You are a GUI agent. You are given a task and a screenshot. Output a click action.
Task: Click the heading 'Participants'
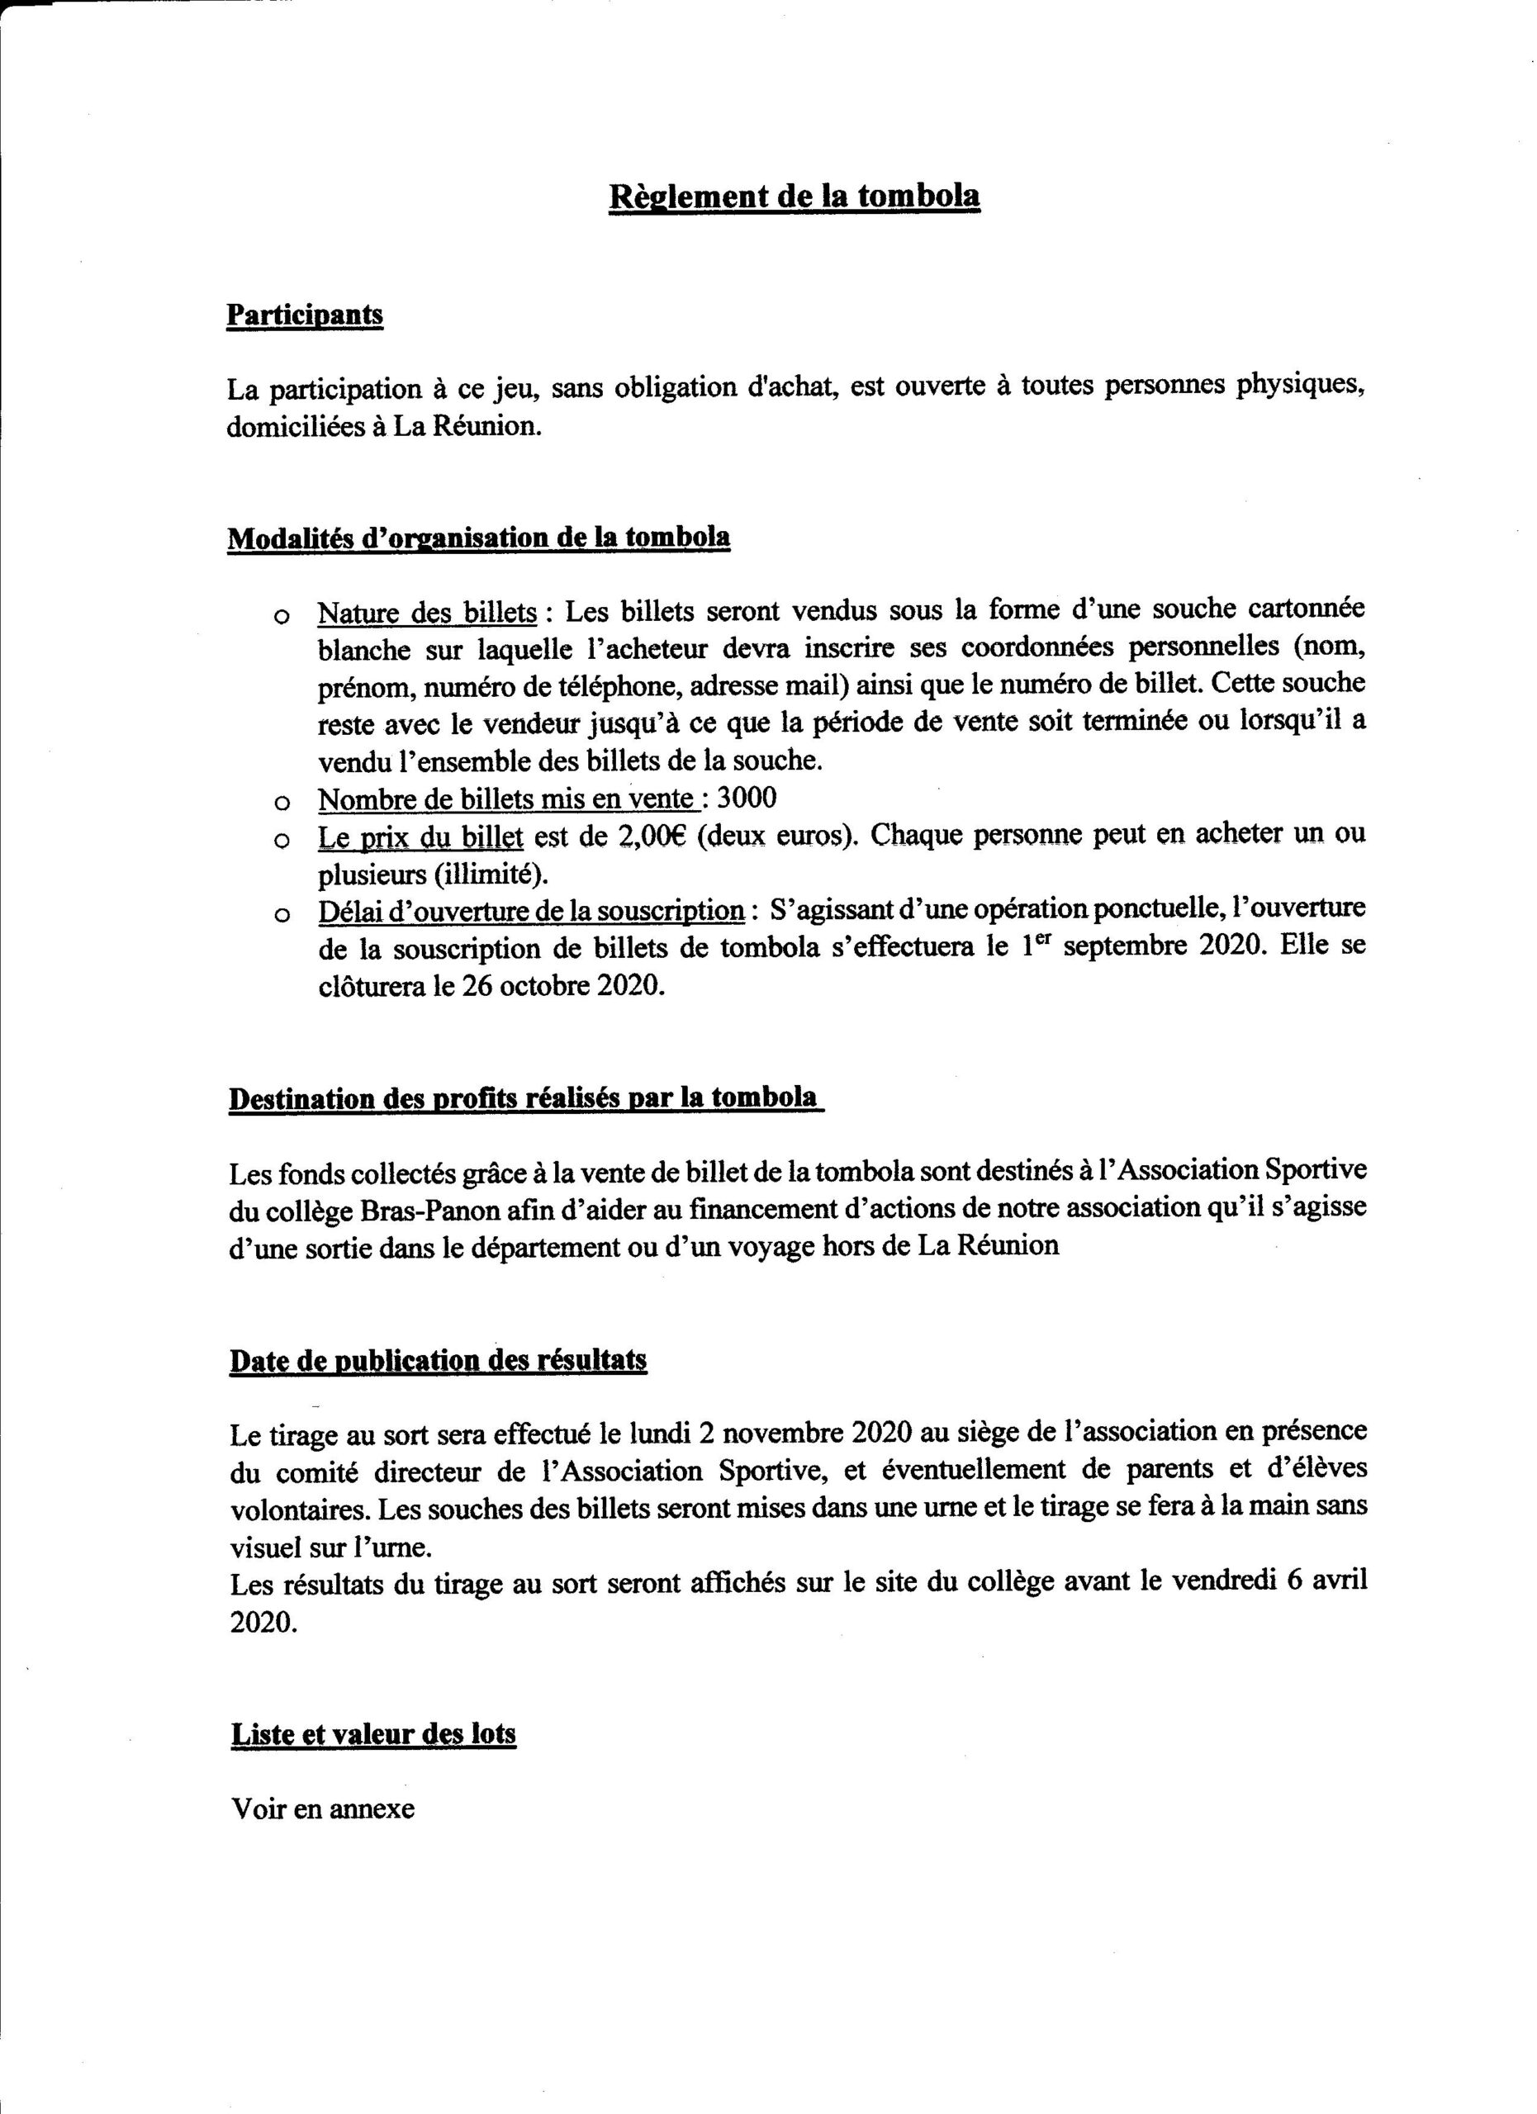pyautogui.click(x=305, y=315)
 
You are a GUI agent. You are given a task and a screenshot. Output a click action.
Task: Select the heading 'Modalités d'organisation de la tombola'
pyautogui.click(x=478, y=538)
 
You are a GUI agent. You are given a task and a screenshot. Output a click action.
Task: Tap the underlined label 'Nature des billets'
pyautogui.click(x=427, y=613)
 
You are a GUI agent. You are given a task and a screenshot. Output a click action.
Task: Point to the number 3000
pyautogui.click(x=746, y=799)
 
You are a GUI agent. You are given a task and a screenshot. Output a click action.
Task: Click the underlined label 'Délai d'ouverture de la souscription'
pyautogui.click(x=531, y=911)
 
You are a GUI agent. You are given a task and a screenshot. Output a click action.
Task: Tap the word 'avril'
pyautogui.click(x=1335, y=1581)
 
